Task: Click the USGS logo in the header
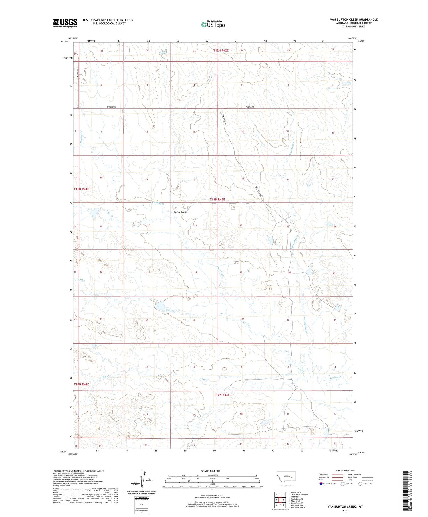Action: (x=65, y=23)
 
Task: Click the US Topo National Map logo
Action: (x=213, y=24)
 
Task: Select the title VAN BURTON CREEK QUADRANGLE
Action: (x=354, y=19)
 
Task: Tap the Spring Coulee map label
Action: (x=181, y=212)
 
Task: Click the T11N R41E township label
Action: (x=81, y=189)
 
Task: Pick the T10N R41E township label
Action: (x=81, y=384)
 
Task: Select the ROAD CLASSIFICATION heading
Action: (x=345, y=471)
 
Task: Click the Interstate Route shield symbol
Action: (x=321, y=484)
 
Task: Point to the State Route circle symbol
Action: (x=360, y=484)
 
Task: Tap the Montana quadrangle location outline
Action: (x=286, y=477)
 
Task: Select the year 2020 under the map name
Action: (x=345, y=511)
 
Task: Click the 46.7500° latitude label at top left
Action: (x=64, y=42)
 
